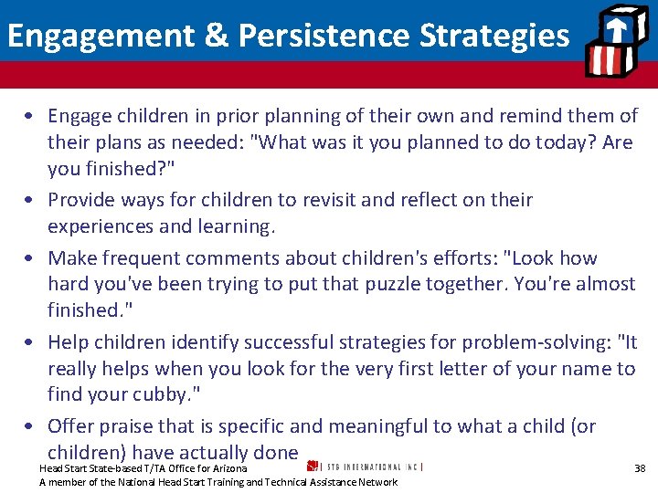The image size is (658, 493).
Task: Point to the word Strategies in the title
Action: click(494, 35)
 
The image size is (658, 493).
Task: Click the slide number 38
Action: click(640, 468)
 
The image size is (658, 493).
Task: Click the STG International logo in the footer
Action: click(366, 467)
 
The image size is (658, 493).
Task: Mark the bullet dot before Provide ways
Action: click(30, 201)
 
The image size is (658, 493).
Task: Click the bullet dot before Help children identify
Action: click(30, 343)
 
